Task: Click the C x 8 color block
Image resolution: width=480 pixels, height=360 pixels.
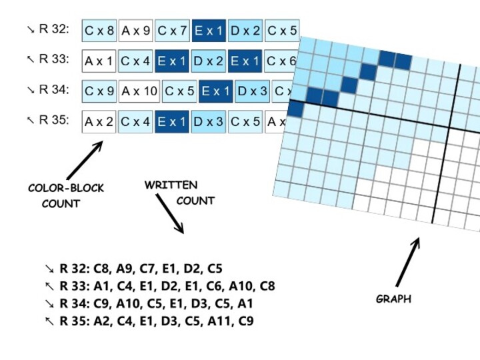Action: (x=100, y=30)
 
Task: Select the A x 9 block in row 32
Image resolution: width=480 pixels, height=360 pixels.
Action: (x=136, y=30)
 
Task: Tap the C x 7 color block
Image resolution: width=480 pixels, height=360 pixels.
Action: (x=172, y=30)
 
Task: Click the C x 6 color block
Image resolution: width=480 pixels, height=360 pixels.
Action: (x=280, y=61)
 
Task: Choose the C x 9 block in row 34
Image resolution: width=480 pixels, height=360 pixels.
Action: (x=100, y=91)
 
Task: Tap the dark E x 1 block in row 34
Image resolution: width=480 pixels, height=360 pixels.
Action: (x=216, y=91)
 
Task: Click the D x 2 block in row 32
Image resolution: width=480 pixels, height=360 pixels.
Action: (x=245, y=30)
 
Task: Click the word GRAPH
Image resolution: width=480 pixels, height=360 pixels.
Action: (x=393, y=299)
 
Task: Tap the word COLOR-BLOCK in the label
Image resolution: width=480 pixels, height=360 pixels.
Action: (x=66, y=189)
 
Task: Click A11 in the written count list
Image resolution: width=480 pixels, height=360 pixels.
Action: (x=218, y=321)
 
